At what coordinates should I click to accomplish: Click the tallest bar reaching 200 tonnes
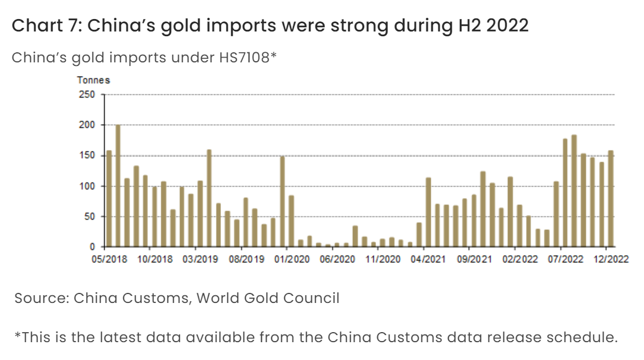point(118,186)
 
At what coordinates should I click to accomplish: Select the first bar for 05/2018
point(109,199)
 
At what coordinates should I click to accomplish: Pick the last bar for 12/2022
point(611,199)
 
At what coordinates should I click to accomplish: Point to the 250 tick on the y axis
point(87,94)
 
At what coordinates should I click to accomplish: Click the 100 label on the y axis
point(87,186)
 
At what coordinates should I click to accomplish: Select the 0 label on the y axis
point(91,247)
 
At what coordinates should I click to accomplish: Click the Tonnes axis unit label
point(93,80)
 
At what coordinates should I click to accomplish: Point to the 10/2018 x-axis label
point(154,259)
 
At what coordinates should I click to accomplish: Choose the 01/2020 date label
point(291,259)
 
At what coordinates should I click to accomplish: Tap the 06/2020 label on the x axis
point(337,259)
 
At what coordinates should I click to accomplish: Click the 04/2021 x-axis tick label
point(428,259)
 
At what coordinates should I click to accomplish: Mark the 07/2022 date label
point(565,259)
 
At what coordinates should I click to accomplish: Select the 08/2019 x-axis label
point(245,259)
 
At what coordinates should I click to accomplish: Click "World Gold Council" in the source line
point(268,298)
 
